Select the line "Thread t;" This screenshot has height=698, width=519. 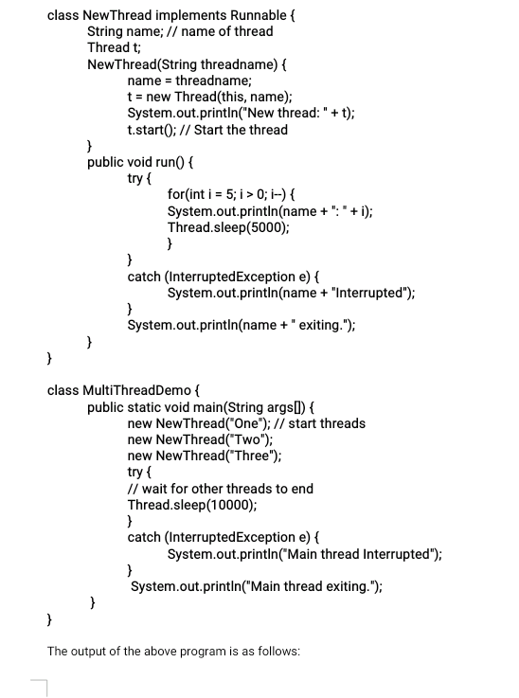115,47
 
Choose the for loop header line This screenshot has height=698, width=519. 255,194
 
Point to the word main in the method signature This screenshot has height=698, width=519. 227,407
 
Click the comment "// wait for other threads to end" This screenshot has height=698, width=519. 220,489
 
